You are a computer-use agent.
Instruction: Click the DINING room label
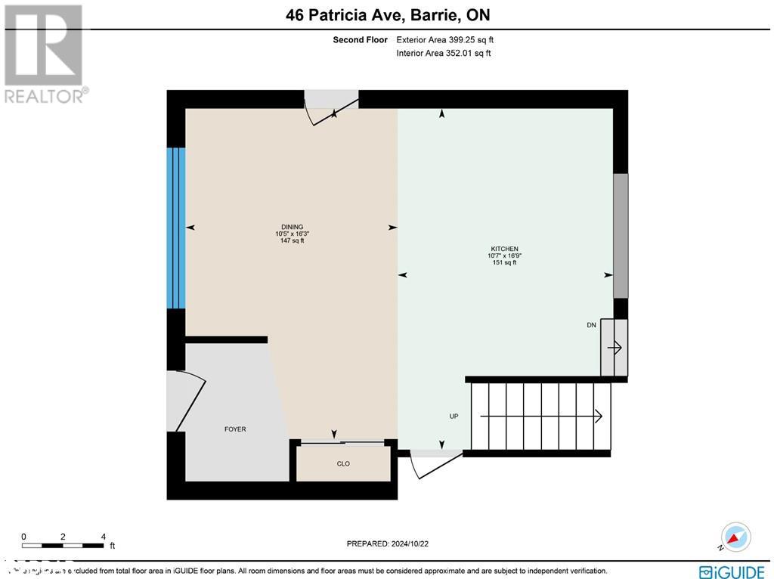pyautogui.click(x=292, y=227)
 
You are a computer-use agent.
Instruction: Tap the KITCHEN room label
pyautogui.click(x=504, y=249)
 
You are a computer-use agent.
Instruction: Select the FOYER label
pyautogui.click(x=235, y=429)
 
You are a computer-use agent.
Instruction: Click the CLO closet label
pyautogui.click(x=343, y=463)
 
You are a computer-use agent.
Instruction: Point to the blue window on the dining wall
pyautogui.click(x=176, y=228)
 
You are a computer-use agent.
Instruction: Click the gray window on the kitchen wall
pyautogui.click(x=620, y=236)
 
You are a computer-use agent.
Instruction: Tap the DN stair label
pyautogui.click(x=591, y=325)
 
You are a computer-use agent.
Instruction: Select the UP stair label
pyautogui.click(x=454, y=416)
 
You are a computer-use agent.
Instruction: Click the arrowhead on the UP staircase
pyautogui.click(x=597, y=416)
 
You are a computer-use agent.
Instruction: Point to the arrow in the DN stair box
pyautogui.click(x=615, y=348)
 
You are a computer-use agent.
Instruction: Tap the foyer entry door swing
pyautogui.click(x=186, y=401)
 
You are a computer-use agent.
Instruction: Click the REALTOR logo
pyautogui.click(x=45, y=54)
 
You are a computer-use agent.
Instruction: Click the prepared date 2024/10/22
pyautogui.click(x=392, y=543)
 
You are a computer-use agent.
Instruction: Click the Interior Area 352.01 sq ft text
pyautogui.click(x=443, y=53)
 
